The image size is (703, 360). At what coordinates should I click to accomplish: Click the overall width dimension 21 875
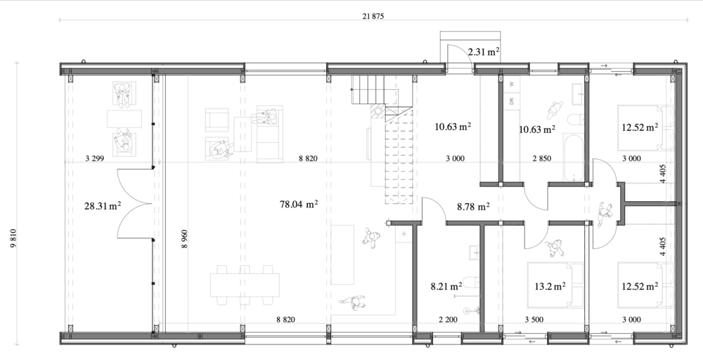click(373, 17)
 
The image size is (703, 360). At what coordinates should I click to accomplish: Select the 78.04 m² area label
click(299, 205)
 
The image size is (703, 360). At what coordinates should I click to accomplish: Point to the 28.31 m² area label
click(103, 206)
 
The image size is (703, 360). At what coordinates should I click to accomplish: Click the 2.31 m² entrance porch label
click(484, 52)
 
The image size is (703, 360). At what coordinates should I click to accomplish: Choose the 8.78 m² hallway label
click(473, 207)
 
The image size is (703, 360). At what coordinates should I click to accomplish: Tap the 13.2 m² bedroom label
click(550, 286)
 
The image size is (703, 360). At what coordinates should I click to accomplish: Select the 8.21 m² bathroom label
click(446, 286)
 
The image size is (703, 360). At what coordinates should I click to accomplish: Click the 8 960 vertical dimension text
click(185, 239)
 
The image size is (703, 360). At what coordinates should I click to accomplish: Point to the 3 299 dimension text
click(95, 158)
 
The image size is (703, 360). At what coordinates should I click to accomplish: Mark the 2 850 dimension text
click(541, 158)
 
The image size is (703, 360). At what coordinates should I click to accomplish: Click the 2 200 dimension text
click(448, 320)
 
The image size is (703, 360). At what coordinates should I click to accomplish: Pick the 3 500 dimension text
click(534, 320)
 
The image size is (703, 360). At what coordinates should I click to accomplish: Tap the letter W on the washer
click(512, 84)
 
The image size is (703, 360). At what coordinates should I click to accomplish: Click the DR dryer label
click(512, 101)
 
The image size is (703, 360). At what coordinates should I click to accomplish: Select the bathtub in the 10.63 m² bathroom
click(574, 158)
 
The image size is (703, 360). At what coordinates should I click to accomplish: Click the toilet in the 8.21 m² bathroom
click(471, 283)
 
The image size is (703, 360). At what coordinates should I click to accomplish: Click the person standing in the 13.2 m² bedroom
click(556, 247)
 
